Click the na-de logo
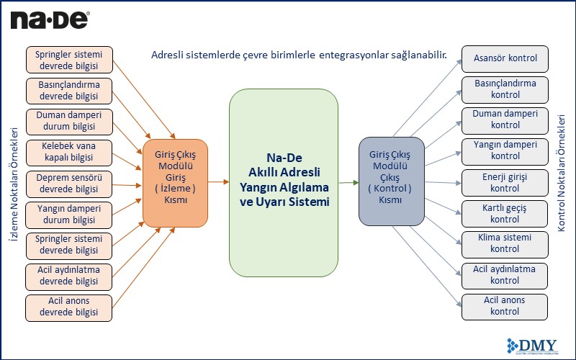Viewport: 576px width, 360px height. click(x=50, y=19)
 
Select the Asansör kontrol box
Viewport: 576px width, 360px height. click(x=505, y=58)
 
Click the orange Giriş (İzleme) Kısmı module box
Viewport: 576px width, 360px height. click(x=175, y=183)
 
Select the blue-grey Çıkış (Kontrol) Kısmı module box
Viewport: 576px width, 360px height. click(x=390, y=183)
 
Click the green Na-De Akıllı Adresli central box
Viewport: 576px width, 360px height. click(x=284, y=184)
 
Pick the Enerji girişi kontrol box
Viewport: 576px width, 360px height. click(x=505, y=183)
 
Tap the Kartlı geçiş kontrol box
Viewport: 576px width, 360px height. click(x=505, y=214)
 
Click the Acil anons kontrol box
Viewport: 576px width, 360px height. click(x=505, y=306)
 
